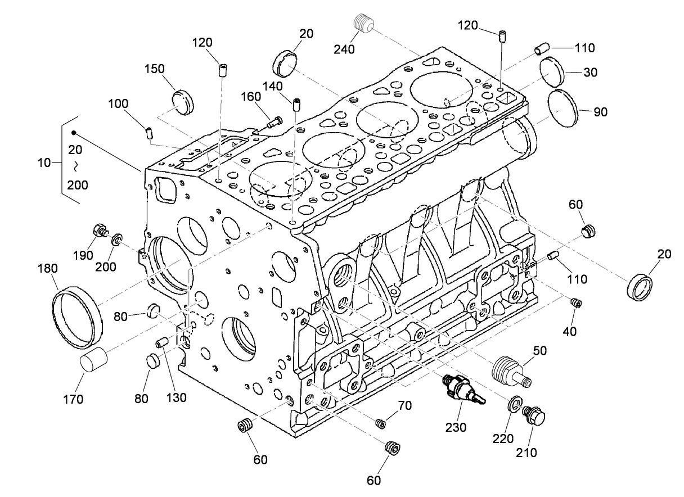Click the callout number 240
[344, 49]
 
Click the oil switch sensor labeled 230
[461, 389]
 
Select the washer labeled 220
[514, 405]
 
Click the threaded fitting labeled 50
[510, 371]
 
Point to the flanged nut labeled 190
[101, 231]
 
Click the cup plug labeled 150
[182, 102]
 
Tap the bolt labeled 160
[274, 120]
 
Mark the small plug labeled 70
[380, 422]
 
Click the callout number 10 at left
[44, 163]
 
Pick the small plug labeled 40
[575, 304]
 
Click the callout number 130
[176, 397]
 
